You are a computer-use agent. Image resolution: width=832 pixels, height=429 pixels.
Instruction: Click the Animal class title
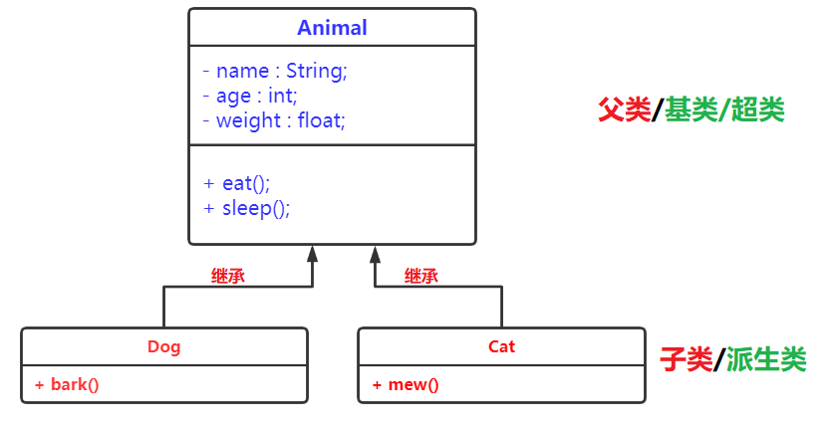pos(332,28)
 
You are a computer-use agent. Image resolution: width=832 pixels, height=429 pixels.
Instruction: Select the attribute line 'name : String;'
pos(274,72)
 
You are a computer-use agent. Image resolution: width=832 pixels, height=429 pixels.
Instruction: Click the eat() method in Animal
pos(237,183)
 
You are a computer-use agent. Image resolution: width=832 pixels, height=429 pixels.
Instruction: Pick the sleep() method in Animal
pos(247,208)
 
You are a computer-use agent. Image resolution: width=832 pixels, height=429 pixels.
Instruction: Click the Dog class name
pos(164,346)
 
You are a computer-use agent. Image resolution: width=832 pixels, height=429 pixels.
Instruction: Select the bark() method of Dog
pos(67,384)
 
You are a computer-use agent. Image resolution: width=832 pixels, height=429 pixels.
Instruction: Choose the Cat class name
pos(502,346)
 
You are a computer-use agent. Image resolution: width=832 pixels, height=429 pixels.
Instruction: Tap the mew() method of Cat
pos(406,384)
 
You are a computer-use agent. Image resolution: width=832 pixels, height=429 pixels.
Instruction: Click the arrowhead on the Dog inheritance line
pos(313,253)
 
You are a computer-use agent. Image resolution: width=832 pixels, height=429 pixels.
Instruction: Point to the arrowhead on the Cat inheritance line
pos(376,253)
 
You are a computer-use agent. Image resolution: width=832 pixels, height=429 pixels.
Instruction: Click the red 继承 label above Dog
pos(228,277)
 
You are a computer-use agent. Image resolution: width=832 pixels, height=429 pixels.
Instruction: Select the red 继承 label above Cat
pos(421,277)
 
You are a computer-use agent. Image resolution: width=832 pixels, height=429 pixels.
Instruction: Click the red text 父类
pos(624,109)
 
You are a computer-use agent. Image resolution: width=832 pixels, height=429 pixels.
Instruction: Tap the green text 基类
pos(692,109)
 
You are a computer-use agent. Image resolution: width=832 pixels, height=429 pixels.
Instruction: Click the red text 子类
pos(687,359)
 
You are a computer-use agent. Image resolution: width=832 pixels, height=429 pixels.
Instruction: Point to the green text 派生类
pos(766,359)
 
